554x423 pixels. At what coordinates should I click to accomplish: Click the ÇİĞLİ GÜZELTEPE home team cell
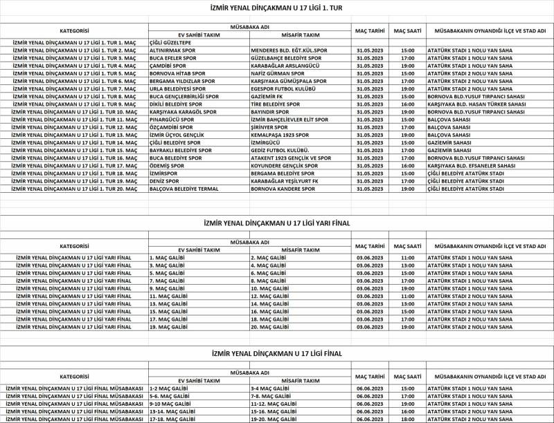tap(173, 43)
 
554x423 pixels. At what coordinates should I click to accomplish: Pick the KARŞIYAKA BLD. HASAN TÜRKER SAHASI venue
tap(477, 104)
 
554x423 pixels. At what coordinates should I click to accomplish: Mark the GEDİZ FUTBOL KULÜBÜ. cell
tap(280, 150)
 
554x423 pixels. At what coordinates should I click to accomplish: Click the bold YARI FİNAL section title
tap(277, 223)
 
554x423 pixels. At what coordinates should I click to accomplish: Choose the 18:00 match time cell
tap(407, 419)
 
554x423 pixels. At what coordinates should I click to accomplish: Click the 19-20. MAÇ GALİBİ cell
tap(274, 419)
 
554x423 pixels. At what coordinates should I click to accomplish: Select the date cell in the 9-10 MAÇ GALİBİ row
tap(365, 404)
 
